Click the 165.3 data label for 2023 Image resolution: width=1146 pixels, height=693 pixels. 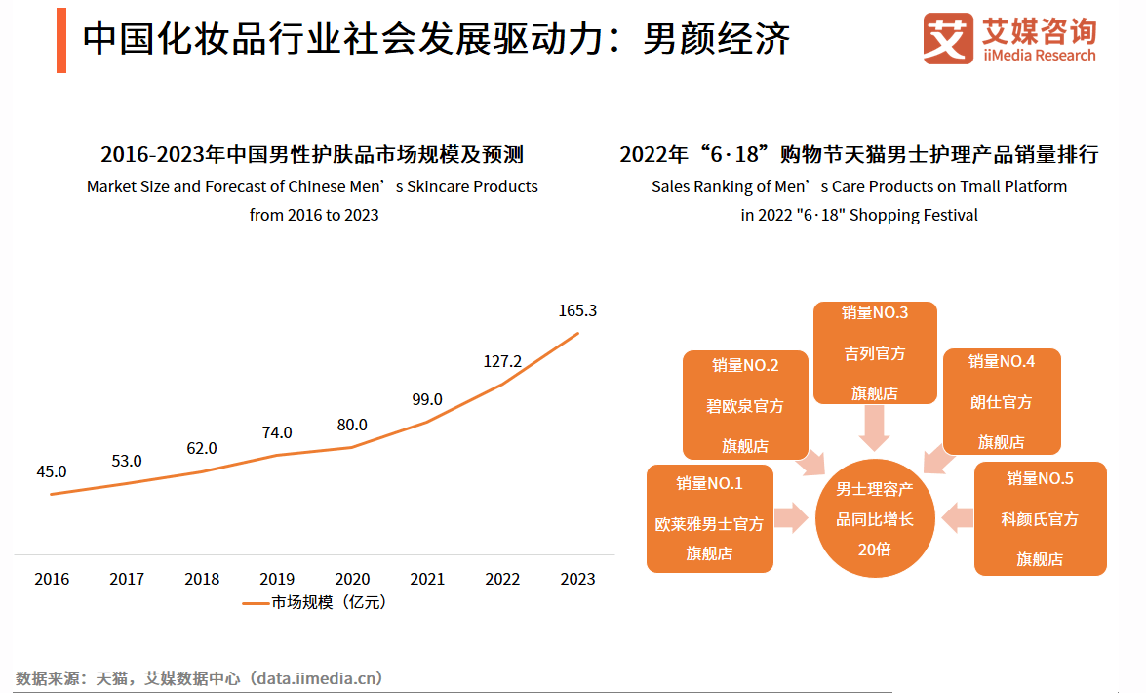[577, 311]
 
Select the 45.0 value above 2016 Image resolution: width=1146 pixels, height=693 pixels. [52, 471]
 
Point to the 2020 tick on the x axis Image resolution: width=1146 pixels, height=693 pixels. [352, 579]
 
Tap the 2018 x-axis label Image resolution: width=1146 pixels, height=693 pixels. [202, 579]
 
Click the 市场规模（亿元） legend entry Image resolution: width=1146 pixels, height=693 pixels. [314, 603]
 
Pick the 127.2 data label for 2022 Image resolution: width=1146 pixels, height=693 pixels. [502, 361]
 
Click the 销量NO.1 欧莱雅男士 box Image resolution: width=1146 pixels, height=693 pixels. [709, 518]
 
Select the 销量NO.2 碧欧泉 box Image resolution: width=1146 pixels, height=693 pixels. [745, 404]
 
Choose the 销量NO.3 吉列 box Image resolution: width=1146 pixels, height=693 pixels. [875, 352]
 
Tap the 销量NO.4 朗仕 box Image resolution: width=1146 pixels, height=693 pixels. [1002, 401]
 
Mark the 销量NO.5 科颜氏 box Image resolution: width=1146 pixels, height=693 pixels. [1040, 518]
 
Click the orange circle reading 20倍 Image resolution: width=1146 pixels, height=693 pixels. [875, 519]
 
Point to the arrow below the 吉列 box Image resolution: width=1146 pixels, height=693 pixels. [875, 428]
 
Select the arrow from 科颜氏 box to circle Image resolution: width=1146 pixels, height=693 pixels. [958, 519]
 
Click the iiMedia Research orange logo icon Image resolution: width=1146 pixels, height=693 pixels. [948, 39]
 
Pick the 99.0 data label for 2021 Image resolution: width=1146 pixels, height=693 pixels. [427, 399]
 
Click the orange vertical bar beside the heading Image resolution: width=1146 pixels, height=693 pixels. [61, 40]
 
